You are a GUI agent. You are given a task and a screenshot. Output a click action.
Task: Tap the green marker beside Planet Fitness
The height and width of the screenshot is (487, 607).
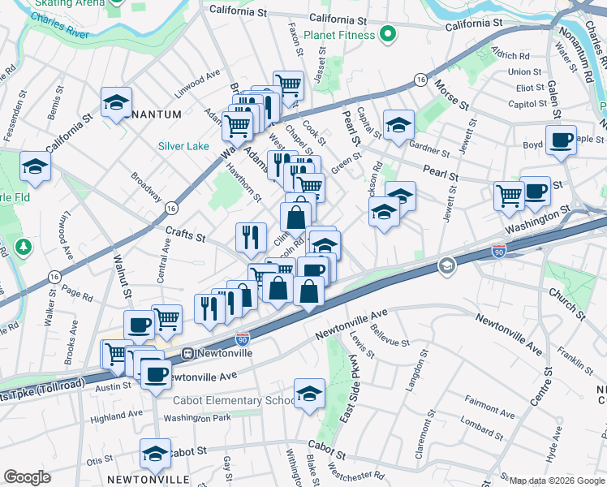point(388,35)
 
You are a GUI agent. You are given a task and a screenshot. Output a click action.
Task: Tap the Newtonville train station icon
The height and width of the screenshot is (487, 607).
point(187,353)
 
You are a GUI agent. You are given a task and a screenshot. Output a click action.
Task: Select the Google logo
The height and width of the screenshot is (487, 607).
point(28,477)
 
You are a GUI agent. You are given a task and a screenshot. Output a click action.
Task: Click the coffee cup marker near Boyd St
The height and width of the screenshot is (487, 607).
point(562,140)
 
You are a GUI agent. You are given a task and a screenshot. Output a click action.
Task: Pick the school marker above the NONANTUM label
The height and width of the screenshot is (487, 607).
point(117,102)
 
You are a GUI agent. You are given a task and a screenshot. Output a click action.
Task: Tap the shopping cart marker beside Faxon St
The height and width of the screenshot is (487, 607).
point(288,84)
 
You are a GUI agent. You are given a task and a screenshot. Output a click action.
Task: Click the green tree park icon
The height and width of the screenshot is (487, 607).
point(24,245)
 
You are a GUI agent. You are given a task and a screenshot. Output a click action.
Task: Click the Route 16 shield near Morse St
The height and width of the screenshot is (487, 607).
point(420,80)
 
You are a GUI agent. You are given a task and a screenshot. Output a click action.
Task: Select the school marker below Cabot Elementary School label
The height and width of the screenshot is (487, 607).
point(309,394)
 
